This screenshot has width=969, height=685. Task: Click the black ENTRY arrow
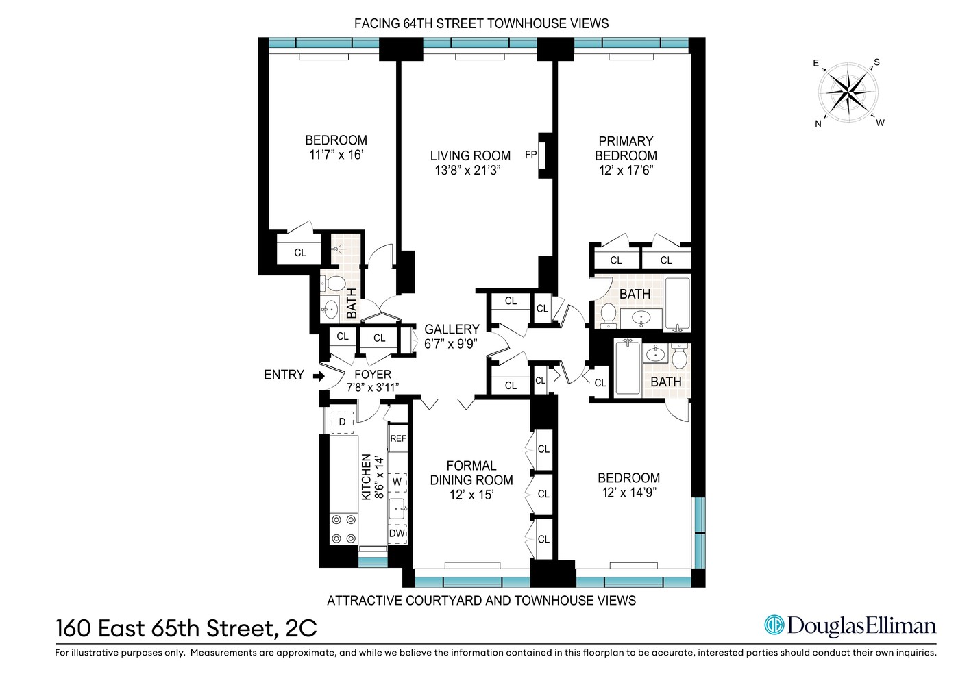[x=318, y=375]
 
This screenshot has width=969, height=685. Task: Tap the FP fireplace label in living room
[x=530, y=155]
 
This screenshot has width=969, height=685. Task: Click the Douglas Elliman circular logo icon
[x=774, y=625]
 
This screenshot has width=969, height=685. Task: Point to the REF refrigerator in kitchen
[x=397, y=438]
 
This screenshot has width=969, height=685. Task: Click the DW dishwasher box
[x=397, y=533]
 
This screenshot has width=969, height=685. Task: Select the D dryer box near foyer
[x=342, y=422]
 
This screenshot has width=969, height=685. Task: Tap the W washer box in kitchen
[x=397, y=482]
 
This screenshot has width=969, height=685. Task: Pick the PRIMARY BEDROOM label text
[x=626, y=148]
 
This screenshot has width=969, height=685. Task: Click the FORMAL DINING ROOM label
[x=471, y=473]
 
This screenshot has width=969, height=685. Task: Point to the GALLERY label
[x=452, y=329]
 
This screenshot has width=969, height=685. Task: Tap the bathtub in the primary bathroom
[x=677, y=303]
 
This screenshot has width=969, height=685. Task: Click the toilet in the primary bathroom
[x=607, y=314]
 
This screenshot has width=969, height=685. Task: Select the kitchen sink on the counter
[x=397, y=508]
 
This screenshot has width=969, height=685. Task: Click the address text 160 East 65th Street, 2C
[x=186, y=628]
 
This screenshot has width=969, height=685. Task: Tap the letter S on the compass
[x=876, y=62]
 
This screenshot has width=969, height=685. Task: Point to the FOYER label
[x=372, y=375]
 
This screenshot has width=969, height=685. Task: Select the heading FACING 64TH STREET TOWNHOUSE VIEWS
[x=481, y=23]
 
